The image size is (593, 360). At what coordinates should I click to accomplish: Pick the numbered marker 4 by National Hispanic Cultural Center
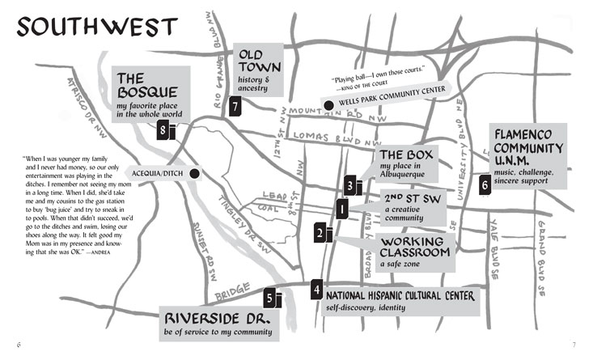point(317,290)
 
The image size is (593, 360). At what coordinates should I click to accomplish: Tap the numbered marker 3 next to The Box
point(349,185)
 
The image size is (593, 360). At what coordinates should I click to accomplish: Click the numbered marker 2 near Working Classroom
point(321,233)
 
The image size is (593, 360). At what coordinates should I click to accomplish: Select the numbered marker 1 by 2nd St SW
point(341,210)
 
